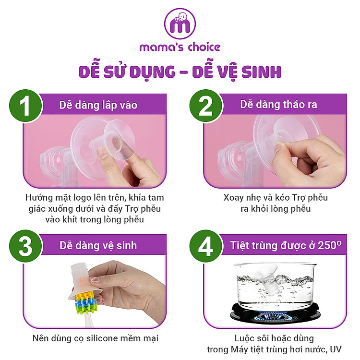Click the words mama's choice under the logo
pos(180,47)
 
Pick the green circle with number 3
pos(24,246)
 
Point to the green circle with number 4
pos(205,246)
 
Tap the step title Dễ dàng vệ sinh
pos(98,246)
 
